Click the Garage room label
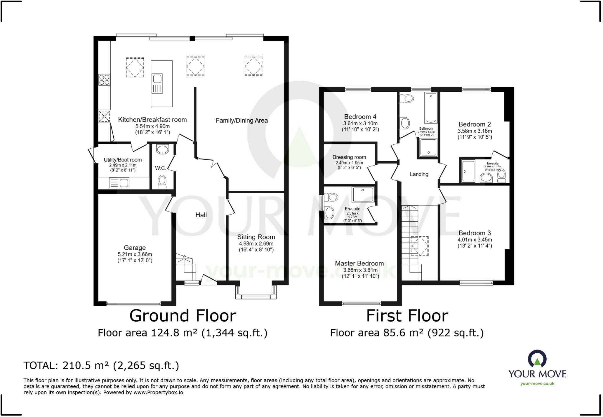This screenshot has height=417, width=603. click(x=135, y=248)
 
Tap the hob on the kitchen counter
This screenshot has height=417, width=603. click(x=104, y=80)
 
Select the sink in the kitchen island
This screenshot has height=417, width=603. click(x=157, y=79)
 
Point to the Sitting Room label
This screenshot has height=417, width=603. click(x=256, y=237)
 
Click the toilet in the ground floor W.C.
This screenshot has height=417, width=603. click(x=162, y=182)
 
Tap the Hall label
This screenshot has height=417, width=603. click(x=201, y=215)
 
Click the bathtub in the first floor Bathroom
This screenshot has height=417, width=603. click(x=431, y=108)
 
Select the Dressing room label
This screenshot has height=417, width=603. click(x=349, y=157)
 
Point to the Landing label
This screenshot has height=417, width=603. click(x=419, y=174)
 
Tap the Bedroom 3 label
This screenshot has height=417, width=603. click(x=475, y=233)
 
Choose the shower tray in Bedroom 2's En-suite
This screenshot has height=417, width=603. click(x=468, y=171)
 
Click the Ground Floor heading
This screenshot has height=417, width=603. click(x=183, y=316)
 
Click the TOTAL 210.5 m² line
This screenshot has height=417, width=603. click(x=101, y=365)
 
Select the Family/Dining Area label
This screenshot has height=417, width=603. click(x=241, y=120)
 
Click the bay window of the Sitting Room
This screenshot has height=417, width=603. click(x=256, y=296)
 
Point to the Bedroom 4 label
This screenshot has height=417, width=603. click(x=360, y=116)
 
